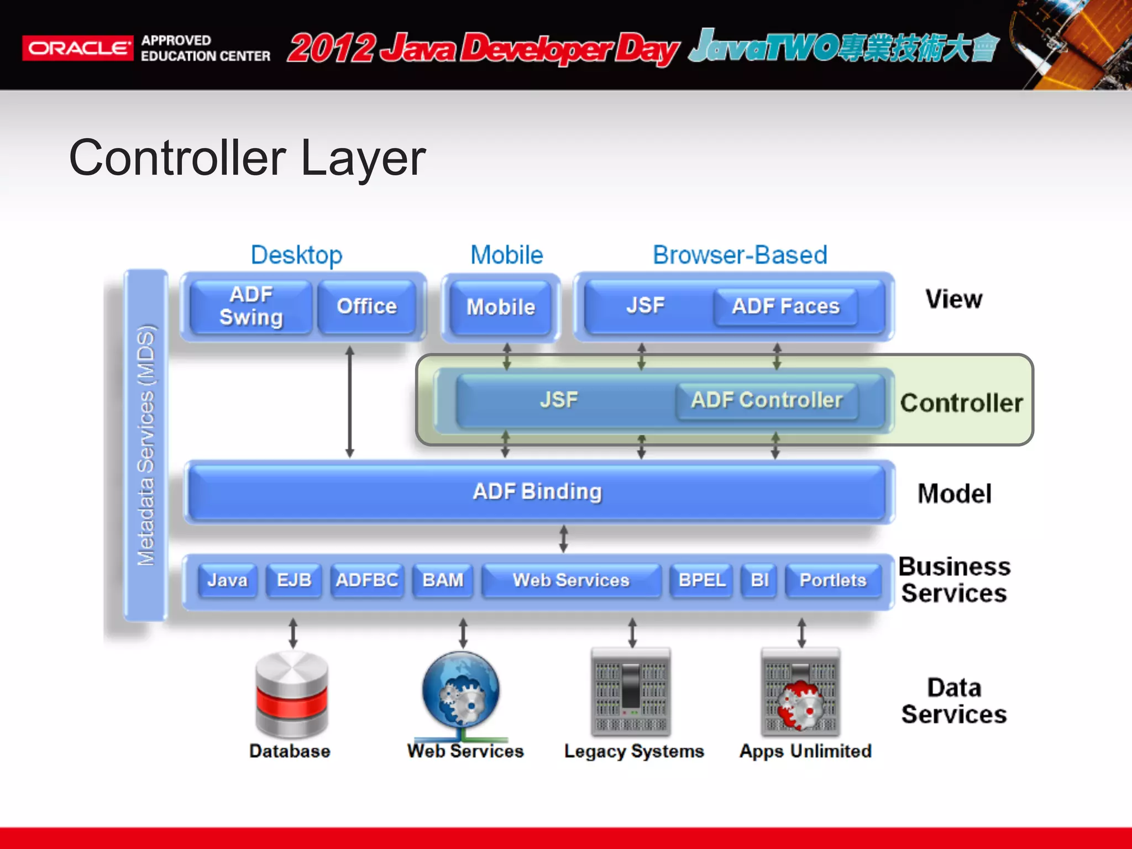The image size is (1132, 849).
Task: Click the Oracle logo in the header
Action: [x=77, y=48]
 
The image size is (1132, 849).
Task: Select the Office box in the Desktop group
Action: [x=366, y=306]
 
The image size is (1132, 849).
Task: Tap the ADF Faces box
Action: [x=785, y=306]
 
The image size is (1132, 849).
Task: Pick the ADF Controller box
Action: [x=767, y=400]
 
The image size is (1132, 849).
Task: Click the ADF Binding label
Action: [x=537, y=491]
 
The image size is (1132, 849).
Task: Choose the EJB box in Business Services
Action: [x=294, y=580]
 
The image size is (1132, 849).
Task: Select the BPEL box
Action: [x=701, y=580]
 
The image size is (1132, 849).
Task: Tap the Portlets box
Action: [x=833, y=580]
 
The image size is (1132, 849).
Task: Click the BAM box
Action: [x=443, y=580]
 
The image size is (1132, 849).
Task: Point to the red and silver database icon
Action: [x=291, y=694]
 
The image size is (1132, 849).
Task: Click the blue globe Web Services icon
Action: [x=460, y=691]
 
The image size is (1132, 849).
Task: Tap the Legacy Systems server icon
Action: [x=631, y=692]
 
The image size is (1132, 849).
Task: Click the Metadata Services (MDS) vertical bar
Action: [x=146, y=445]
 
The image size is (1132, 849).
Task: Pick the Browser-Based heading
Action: [x=740, y=255]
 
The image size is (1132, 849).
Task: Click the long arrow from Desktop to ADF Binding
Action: [x=349, y=402]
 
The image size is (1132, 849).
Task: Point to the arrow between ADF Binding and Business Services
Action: [x=563, y=539]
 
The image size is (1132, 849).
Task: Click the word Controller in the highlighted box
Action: [x=961, y=403]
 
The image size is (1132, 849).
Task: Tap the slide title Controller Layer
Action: [x=247, y=158]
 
